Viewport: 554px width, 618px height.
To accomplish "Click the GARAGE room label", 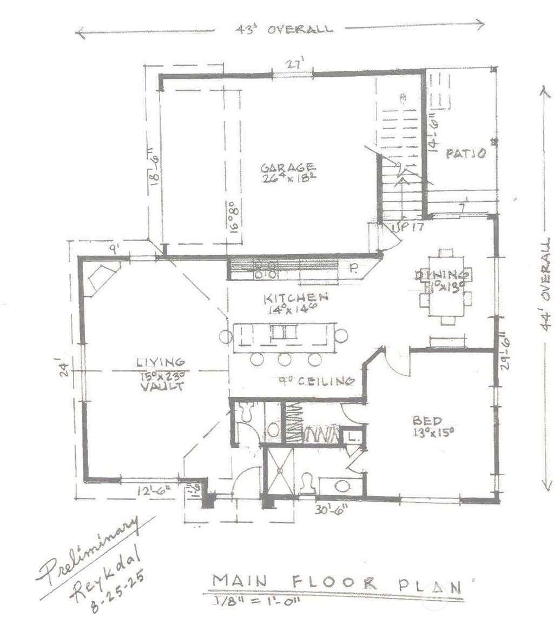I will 287,167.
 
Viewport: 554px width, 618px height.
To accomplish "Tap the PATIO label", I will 465,154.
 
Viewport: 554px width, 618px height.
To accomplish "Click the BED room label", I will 427,420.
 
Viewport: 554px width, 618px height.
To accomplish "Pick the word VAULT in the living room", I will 161,387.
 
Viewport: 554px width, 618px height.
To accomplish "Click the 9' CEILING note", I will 315,381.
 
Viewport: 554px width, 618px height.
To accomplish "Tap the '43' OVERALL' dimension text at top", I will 284,29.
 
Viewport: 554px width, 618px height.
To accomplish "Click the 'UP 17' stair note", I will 406,228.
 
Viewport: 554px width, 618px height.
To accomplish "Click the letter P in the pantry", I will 352,268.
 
